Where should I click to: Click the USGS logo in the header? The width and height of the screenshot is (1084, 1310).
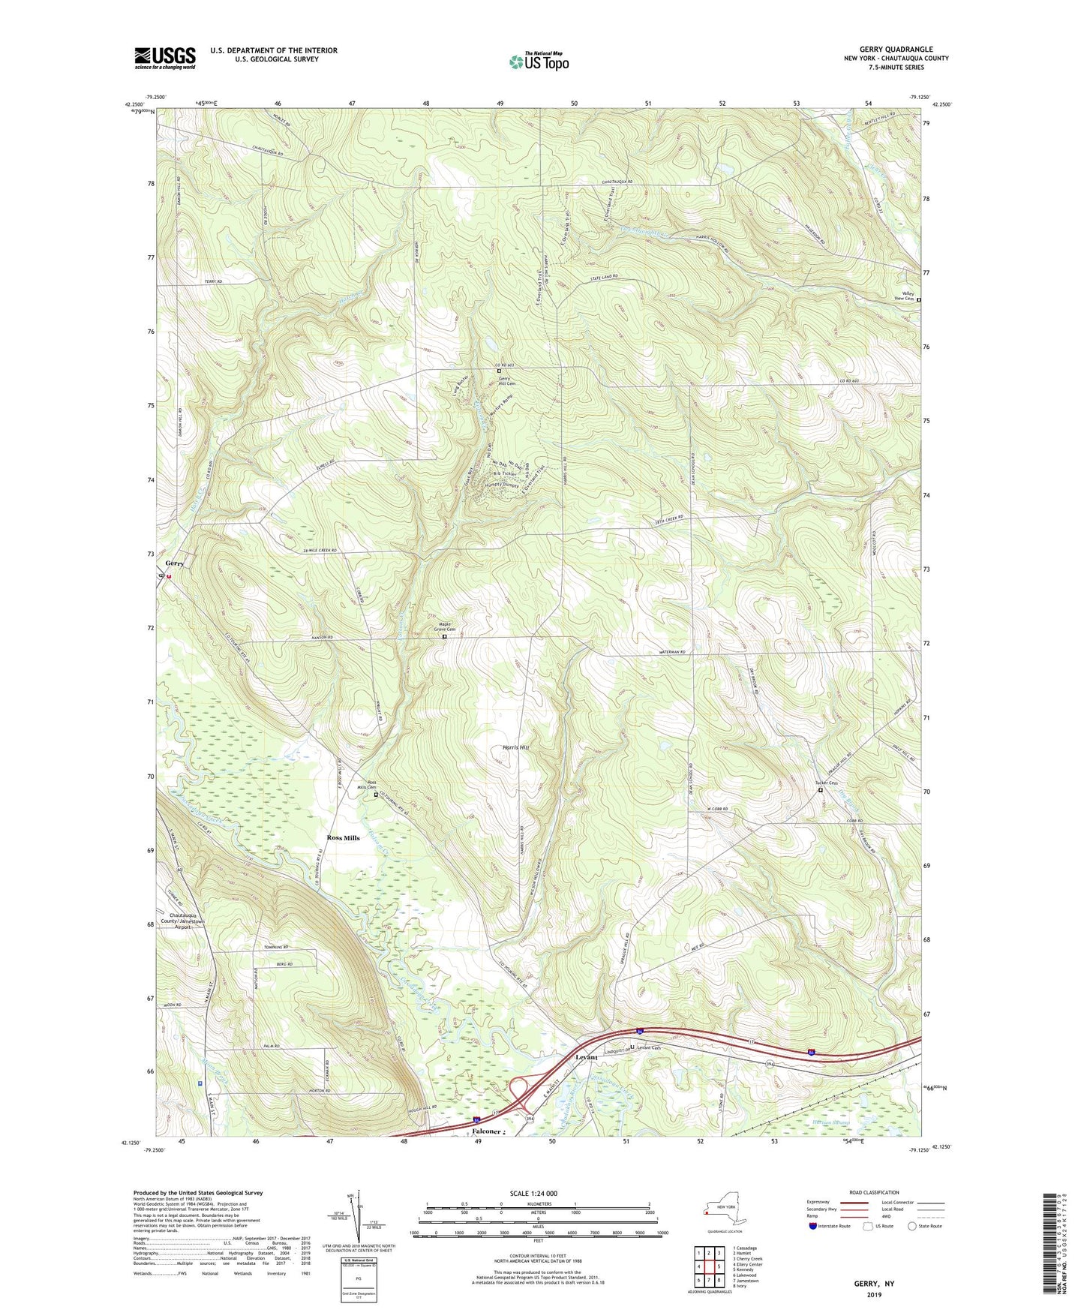165,58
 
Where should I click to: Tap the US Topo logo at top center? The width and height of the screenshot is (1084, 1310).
538,62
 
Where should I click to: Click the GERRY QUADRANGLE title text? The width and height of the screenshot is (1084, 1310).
896,50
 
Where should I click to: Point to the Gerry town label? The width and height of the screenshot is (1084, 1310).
175,563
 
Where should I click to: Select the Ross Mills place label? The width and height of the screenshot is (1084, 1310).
343,837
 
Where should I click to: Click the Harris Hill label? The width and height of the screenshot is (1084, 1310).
515,748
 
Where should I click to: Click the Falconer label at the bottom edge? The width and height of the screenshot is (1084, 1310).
487,1131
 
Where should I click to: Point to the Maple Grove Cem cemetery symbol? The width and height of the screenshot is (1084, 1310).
444,637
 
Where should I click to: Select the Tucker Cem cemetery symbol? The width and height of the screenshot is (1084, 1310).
820,790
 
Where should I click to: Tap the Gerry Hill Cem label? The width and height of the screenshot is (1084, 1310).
509,381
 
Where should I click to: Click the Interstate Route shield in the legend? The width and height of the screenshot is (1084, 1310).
813,1226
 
